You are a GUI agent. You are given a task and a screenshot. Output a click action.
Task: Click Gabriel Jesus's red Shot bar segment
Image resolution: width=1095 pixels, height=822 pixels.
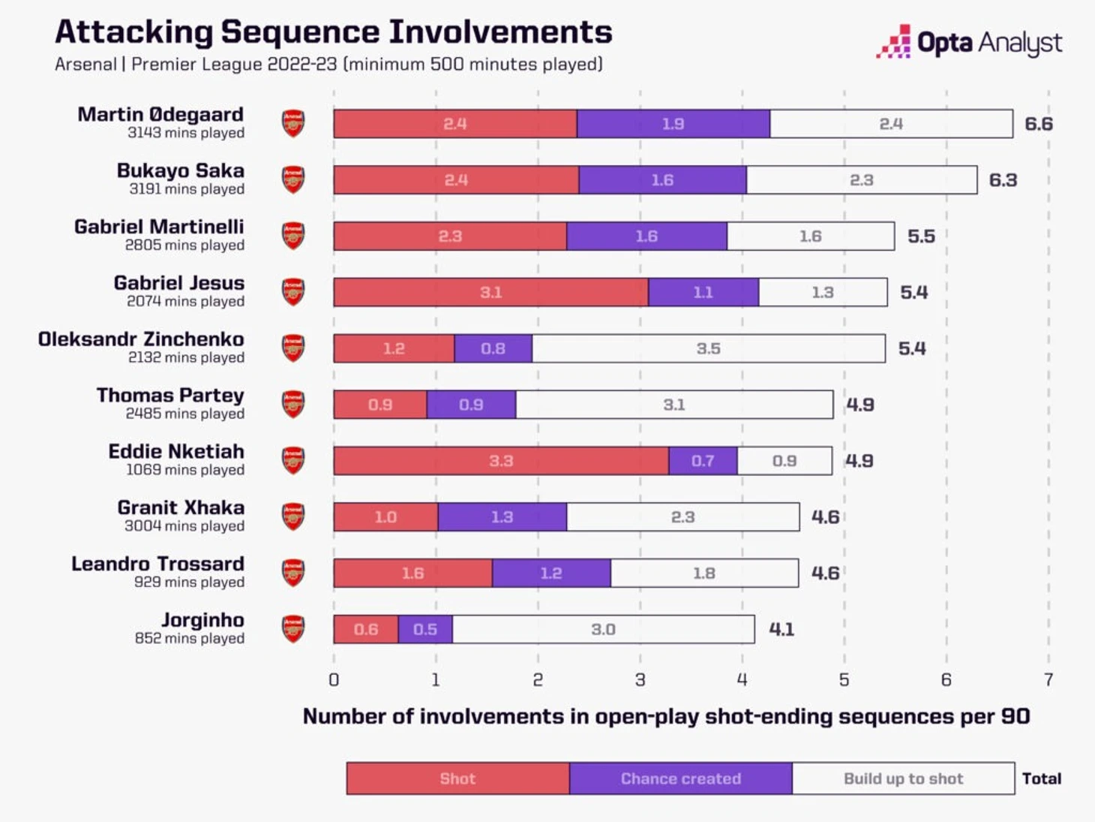490,292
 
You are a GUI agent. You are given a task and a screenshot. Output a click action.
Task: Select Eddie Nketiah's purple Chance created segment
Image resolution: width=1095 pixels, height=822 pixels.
703,461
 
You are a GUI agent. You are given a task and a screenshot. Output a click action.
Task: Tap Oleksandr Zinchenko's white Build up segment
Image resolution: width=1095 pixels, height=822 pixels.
708,348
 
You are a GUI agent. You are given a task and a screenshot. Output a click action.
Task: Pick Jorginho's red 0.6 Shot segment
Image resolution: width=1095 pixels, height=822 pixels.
366,629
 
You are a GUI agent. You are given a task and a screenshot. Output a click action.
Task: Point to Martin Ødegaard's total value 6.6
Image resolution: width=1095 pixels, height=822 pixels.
1038,124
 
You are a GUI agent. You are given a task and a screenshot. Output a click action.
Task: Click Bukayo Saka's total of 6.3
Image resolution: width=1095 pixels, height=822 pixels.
1003,180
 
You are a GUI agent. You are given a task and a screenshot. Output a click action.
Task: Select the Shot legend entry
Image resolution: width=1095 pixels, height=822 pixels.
457,778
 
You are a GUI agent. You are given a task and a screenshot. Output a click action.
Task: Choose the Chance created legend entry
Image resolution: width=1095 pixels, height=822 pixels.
680,778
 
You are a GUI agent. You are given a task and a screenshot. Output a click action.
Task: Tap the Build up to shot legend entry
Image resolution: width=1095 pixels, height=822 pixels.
903,778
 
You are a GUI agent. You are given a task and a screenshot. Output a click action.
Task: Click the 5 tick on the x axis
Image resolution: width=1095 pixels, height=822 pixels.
844,679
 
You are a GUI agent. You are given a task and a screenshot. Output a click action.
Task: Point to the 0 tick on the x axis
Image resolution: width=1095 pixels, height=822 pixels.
334,679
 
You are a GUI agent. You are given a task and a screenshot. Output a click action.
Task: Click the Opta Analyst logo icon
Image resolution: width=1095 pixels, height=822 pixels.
894,42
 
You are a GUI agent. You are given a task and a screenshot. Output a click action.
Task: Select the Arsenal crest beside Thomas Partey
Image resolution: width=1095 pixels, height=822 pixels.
293,405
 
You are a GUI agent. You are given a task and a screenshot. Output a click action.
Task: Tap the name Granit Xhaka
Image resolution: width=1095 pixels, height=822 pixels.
181,508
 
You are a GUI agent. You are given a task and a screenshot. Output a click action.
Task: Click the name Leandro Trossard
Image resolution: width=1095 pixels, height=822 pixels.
157,564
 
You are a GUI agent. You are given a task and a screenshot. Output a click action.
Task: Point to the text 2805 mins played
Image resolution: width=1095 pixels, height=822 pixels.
184,245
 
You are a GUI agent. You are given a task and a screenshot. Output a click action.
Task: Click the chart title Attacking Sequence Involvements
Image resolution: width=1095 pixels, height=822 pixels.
334,32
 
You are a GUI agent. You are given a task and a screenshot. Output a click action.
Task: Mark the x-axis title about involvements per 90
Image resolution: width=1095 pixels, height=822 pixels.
666,716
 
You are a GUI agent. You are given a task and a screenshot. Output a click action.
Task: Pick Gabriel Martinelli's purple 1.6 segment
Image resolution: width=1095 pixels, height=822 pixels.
646,236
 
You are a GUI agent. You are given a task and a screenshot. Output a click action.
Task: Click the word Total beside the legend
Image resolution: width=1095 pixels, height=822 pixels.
1041,778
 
